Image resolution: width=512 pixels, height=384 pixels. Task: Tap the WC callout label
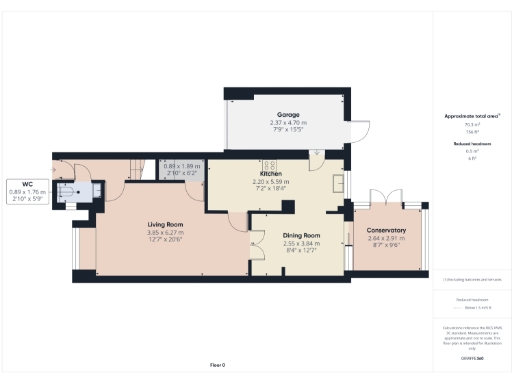[28, 184]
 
